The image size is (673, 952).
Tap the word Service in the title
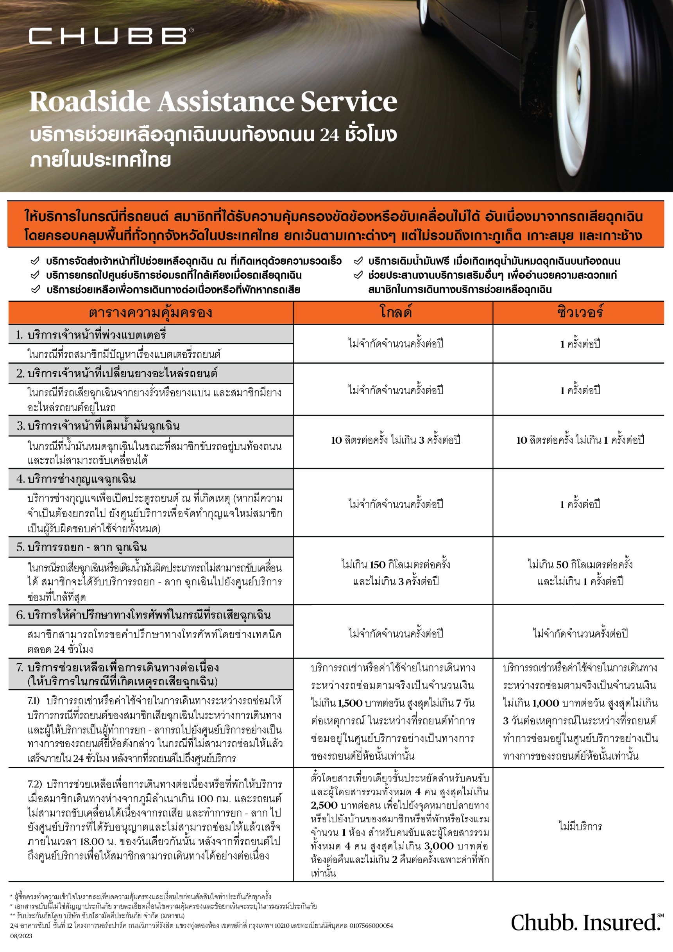coord(349,102)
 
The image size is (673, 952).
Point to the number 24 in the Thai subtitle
coord(329,135)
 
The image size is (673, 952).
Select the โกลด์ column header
coord(396,312)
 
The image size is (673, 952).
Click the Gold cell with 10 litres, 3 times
coord(396,440)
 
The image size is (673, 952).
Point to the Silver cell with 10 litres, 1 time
coord(580,440)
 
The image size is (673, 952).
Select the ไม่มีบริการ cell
coord(580,827)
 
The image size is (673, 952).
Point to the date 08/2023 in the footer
coord(21,936)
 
